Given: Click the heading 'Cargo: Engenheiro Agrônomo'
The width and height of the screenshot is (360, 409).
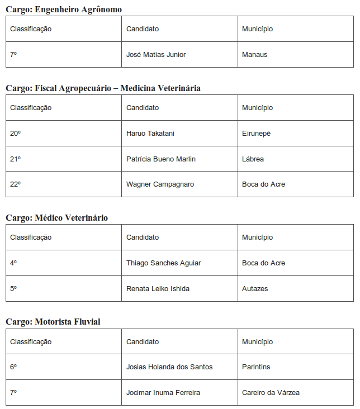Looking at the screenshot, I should pyautogui.click(x=64, y=9).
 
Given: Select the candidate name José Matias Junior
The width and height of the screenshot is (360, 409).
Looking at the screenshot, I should pyautogui.click(x=156, y=55).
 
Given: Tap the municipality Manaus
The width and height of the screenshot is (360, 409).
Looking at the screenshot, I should pyautogui.click(x=255, y=55).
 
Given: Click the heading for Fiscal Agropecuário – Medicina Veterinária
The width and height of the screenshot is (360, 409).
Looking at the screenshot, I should pyautogui.click(x=103, y=88).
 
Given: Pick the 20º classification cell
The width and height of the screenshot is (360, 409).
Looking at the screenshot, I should pyautogui.click(x=15, y=134).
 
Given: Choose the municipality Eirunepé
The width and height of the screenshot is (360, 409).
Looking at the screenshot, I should pyautogui.click(x=256, y=134).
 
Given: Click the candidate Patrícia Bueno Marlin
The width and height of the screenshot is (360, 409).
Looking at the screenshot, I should pyautogui.click(x=161, y=159).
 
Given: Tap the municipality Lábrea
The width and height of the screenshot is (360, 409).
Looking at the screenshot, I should pyautogui.click(x=253, y=159).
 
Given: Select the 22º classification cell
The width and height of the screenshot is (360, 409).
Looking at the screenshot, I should pyautogui.click(x=15, y=184).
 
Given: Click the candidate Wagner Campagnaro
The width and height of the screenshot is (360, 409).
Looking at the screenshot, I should pyautogui.click(x=160, y=184).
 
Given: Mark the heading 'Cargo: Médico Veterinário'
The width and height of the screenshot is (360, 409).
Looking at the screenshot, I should pyautogui.click(x=57, y=218).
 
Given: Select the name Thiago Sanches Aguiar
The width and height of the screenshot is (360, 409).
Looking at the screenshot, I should pyautogui.click(x=163, y=263).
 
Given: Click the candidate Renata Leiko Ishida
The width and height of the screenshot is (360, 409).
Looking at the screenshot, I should pyautogui.click(x=158, y=289).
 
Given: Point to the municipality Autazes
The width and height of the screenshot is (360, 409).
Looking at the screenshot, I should pyautogui.click(x=255, y=289).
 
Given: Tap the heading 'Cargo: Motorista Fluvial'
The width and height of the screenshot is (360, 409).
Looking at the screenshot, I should pyautogui.click(x=53, y=322).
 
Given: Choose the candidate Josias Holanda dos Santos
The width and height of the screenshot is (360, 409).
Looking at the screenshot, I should pyautogui.click(x=169, y=367).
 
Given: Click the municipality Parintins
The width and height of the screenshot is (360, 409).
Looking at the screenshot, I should pyautogui.click(x=256, y=367).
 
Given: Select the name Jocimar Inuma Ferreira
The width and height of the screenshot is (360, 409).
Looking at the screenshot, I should pyautogui.click(x=163, y=393).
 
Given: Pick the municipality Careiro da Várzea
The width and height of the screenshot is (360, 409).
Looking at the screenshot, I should pyautogui.click(x=271, y=393).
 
